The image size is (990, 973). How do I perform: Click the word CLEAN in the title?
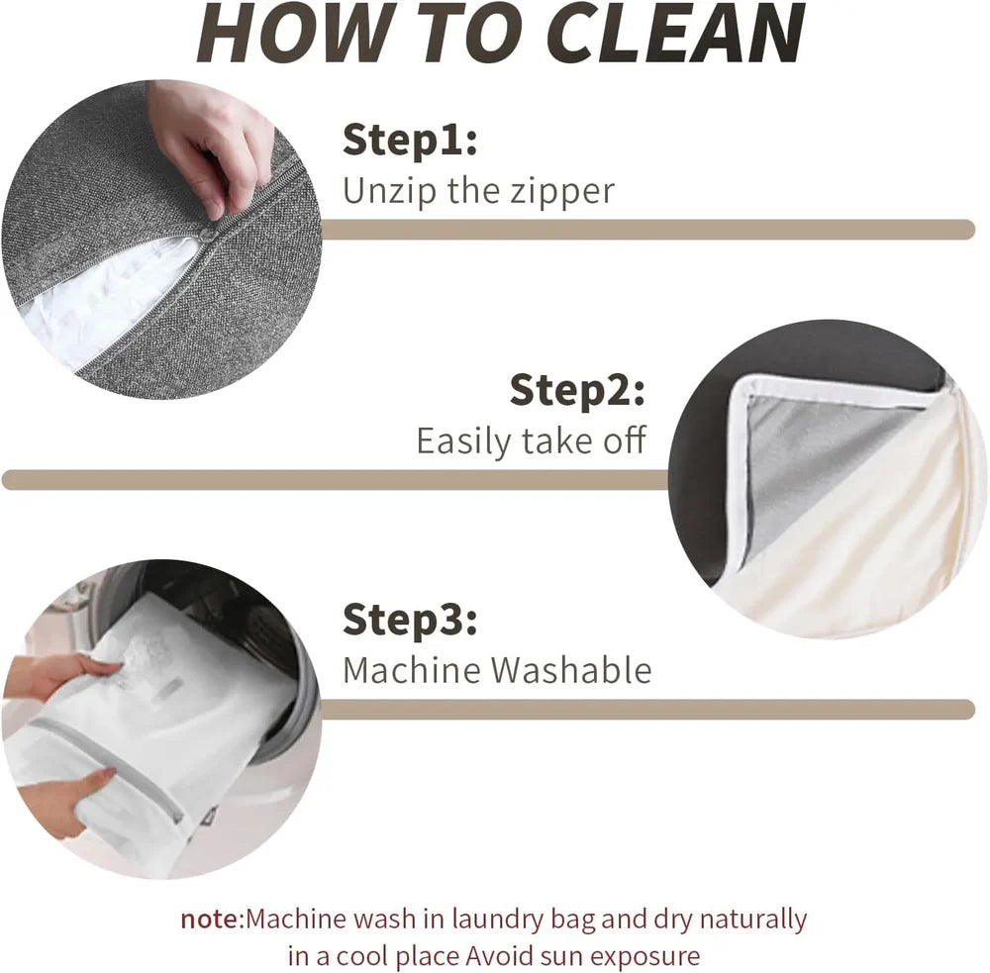[674, 33]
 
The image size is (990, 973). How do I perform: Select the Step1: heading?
[410, 140]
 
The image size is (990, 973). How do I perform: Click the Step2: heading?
[577, 390]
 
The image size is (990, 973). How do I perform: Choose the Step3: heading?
[410, 619]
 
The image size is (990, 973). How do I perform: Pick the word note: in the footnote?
[212, 920]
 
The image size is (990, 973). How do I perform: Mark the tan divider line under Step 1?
[647, 230]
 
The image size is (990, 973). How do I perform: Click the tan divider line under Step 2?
[336, 480]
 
